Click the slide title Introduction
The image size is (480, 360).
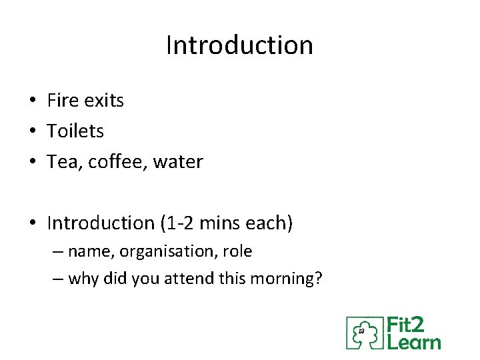[239, 45]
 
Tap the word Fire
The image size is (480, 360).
[62, 101]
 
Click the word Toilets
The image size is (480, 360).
[75, 131]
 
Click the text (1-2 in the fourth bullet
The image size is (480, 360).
[178, 223]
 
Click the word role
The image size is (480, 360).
[237, 252]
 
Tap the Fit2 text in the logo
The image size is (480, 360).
[406, 327]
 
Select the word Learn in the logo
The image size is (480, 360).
[414, 343]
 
